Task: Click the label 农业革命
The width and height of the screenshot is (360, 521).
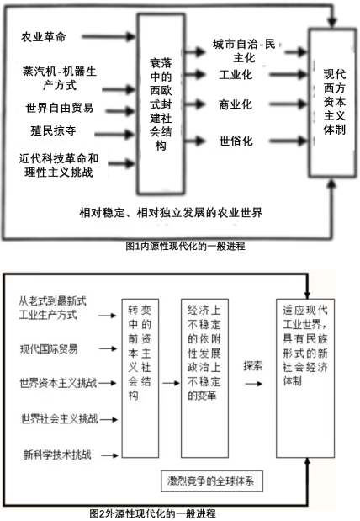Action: (44, 36)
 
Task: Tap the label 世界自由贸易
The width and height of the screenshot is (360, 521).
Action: (60, 108)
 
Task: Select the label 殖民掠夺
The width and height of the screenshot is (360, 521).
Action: (53, 130)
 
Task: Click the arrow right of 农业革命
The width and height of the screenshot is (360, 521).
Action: (109, 36)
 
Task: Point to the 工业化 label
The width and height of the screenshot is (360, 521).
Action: (236, 74)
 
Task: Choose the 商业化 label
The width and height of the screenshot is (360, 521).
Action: (236, 104)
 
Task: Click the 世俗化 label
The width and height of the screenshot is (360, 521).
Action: (236, 141)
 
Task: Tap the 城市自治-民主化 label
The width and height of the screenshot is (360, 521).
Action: (244, 51)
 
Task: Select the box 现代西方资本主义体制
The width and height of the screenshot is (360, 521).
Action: (332, 102)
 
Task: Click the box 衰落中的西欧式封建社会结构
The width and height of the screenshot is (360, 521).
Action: (161, 104)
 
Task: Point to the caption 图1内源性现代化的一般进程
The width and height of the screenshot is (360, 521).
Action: (185, 247)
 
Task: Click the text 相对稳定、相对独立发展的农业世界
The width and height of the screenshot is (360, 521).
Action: (171, 213)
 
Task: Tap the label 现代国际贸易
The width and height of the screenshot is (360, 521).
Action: (49, 349)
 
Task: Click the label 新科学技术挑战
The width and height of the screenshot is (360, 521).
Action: (57, 455)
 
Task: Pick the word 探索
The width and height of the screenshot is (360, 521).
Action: (253, 366)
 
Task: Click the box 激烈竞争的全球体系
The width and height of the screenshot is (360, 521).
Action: (212, 481)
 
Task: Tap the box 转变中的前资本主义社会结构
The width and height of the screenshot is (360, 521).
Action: (140, 378)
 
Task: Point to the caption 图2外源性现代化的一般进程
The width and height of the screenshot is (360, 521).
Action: (153, 513)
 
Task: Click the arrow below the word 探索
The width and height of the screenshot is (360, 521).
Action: (253, 384)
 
